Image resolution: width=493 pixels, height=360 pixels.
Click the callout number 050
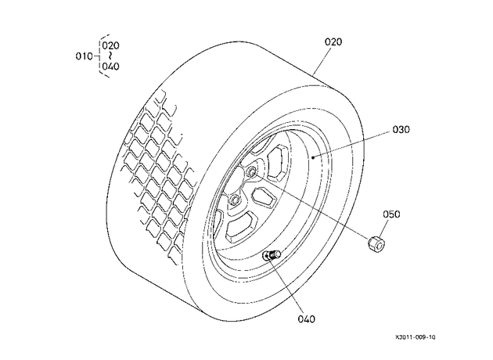click(x=391, y=214)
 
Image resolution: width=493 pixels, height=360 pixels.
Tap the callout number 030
click(x=401, y=130)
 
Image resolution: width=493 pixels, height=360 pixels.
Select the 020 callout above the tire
click(x=333, y=41)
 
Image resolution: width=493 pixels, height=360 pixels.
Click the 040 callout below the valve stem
click(x=306, y=319)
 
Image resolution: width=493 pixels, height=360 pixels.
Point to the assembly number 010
click(x=85, y=56)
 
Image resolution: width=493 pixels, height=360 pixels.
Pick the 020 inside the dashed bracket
click(x=110, y=45)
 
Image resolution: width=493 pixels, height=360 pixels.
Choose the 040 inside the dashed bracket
click(x=110, y=67)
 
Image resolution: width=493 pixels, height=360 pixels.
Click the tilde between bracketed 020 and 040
click(x=110, y=56)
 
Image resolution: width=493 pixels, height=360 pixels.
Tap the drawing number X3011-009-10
click(x=416, y=337)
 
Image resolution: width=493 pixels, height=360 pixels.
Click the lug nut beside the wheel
click(x=377, y=243)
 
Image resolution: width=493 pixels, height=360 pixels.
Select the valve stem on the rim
click(x=272, y=254)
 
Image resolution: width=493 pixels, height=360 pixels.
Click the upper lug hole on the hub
click(x=252, y=171)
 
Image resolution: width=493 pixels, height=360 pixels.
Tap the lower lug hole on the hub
click(x=234, y=200)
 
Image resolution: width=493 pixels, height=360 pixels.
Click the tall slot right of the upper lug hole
click(x=276, y=163)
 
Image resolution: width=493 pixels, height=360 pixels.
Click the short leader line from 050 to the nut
click(x=384, y=229)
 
